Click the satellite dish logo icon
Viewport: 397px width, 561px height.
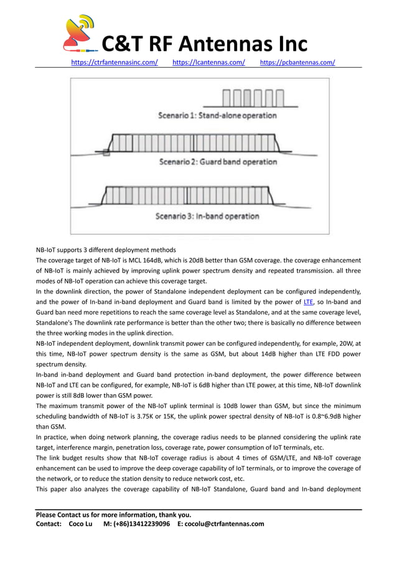(80, 34)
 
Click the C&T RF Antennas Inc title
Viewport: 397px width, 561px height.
(204, 44)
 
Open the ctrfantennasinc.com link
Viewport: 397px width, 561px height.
(114, 62)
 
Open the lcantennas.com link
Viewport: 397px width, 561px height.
(208, 62)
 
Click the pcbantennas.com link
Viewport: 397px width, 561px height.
(297, 62)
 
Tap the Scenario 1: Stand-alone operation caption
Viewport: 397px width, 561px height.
(217, 115)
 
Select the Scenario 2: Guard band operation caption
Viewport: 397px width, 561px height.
(218, 162)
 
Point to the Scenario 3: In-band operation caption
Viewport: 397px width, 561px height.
(207, 216)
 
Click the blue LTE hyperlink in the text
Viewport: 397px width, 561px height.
(308, 302)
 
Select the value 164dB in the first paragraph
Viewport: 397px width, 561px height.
(154, 260)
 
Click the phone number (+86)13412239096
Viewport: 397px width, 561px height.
(136, 524)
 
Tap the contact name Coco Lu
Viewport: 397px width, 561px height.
(80, 524)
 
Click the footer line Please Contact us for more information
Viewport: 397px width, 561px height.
(113, 514)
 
